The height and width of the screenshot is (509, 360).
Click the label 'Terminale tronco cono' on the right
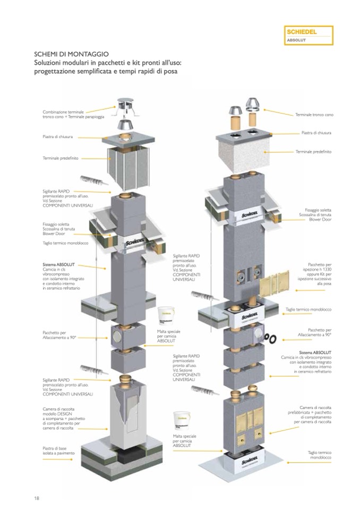coord(314,115)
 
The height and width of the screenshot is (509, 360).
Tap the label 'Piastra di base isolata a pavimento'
coord(58,451)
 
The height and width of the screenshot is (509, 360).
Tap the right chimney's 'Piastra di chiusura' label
coord(316,133)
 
